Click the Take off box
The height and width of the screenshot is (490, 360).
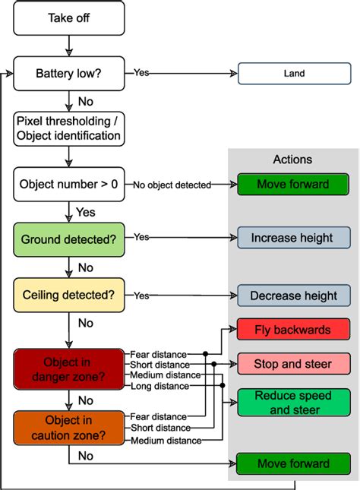point(69,17)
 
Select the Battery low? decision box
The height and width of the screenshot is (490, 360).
point(69,74)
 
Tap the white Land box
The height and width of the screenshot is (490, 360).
point(293,74)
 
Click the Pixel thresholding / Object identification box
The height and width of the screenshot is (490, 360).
point(69,128)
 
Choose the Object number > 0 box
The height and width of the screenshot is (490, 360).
point(69,184)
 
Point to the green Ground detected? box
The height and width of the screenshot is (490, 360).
point(69,239)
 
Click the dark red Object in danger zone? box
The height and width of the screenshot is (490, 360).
point(69,368)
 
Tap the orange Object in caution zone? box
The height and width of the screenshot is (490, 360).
point(69,428)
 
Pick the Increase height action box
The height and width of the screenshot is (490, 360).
point(293,238)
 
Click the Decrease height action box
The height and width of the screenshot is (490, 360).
point(293,296)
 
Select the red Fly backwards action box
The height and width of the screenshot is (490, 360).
point(293,330)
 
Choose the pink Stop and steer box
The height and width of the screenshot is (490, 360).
point(293,364)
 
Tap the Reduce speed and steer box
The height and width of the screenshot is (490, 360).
point(293,403)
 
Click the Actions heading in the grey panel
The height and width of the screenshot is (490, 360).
point(293,160)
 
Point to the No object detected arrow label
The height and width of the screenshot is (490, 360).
point(171,185)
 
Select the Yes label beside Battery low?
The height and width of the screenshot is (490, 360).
point(141,73)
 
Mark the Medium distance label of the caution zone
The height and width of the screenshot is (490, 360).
point(166,441)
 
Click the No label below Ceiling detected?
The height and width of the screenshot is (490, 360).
point(86,323)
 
